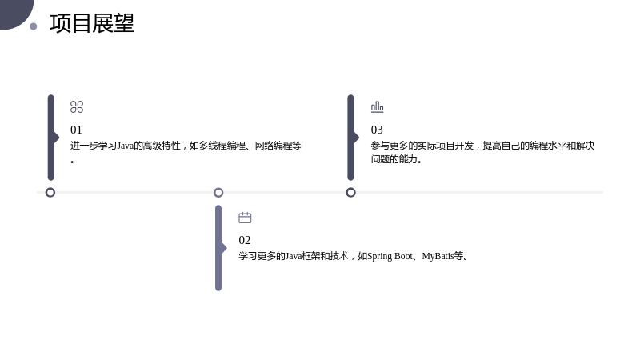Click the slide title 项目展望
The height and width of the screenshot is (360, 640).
(x=92, y=23)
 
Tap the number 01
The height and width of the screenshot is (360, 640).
(x=76, y=130)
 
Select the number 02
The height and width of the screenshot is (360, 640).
(x=245, y=240)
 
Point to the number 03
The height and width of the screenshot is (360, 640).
(x=377, y=130)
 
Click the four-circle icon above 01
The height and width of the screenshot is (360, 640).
(x=77, y=107)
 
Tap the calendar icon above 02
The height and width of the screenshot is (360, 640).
(x=245, y=218)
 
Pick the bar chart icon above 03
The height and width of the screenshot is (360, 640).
(x=377, y=107)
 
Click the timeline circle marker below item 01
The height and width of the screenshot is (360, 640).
(x=50, y=192)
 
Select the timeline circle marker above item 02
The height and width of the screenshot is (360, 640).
(x=218, y=192)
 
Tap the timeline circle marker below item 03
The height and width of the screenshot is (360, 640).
(x=350, y=192)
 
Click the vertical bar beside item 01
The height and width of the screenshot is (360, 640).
(x=51, y=138)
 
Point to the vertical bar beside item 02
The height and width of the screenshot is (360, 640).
(x=218, y=248)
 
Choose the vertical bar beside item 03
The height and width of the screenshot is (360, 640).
(x=351, y=138)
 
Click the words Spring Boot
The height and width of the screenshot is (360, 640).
(x=390, y=256)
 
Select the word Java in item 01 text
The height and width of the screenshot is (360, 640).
(x=126, y=146)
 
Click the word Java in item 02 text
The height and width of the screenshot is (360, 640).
(x=293, y=256)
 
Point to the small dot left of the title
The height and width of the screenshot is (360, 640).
(x=34, y=26)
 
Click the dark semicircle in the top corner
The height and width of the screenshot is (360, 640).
(x=14, y=12)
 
